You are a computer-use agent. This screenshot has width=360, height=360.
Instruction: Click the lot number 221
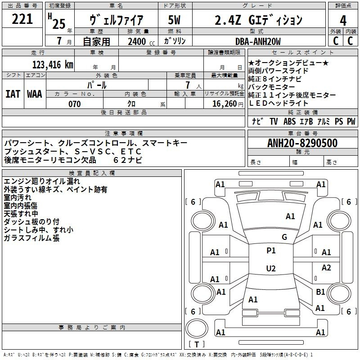click(x=22, y=19)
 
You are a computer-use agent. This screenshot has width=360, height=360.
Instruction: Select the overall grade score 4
click(x=343, y=21)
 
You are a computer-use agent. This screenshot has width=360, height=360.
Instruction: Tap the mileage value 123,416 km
click(x=53, y=65)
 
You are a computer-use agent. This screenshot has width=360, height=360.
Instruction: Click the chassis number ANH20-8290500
click(x=302, y=143)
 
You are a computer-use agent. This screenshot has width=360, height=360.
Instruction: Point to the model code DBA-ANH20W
click(x=258, y=41)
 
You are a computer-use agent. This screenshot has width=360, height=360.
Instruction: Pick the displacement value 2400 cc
click(x=141, y=42)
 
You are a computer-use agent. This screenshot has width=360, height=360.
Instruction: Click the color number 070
click(x=75, y=104)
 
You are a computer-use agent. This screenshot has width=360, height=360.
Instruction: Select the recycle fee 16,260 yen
click(x=228, y=104)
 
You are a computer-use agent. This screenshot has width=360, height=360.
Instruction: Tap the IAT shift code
click(x=13, y=94)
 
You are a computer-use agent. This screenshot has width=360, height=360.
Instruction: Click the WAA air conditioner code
click(x=35, y=94)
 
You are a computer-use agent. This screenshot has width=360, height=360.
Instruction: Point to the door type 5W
click(x=174, y=20)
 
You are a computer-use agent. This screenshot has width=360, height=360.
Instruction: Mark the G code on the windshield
click(x=284, y=237)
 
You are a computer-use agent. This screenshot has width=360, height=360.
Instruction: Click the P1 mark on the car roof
click(x=271, y=251)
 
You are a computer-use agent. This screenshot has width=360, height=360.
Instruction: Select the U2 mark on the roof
click(x=271, y=268)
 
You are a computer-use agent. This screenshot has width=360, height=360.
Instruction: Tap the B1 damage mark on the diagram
click(x=320, y=292)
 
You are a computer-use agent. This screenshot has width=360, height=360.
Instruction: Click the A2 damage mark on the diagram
click(x=326, y=267)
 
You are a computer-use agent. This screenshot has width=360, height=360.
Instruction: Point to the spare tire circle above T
click(x=197, y=328)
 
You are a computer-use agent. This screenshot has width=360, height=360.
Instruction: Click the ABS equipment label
click(x=289, y=121)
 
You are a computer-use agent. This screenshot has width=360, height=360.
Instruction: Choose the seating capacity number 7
click(x=188, y=85)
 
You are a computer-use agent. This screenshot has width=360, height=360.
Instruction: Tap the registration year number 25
click(x=59, y=24)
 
